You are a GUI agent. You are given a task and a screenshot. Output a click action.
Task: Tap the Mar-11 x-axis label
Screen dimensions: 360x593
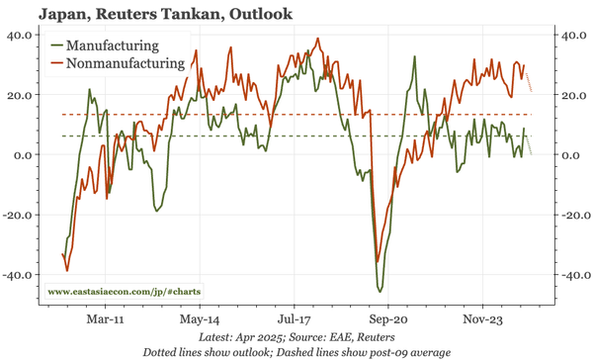coord(104,320)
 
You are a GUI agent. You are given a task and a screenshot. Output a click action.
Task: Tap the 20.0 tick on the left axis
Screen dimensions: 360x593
coord(21,95)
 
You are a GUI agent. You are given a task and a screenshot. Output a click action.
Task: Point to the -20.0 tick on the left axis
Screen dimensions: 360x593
coord(19,216)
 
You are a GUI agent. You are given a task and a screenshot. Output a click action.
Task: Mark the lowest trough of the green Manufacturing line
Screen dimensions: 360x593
coord(380,291)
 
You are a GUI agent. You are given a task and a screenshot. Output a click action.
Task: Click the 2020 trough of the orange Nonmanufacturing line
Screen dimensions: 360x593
coord(377,262)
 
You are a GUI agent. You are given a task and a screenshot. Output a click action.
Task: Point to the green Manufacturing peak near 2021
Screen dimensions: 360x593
coord(414,57)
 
